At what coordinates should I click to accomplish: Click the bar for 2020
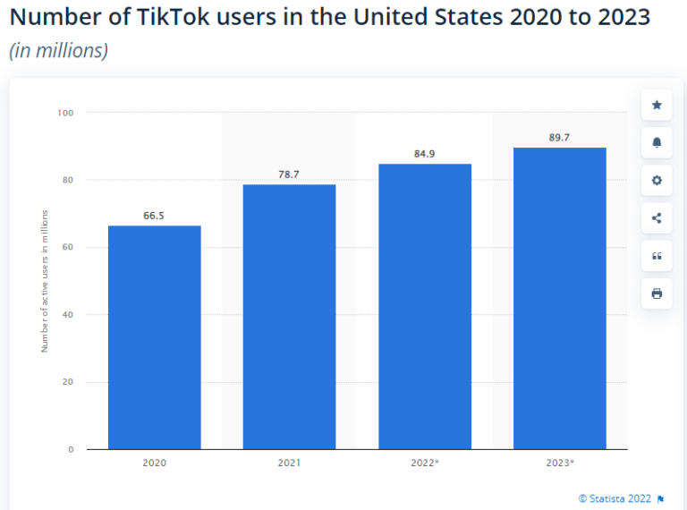155,337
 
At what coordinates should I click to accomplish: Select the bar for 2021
289,317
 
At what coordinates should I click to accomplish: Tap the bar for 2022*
425,306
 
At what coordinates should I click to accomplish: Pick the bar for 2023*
560,298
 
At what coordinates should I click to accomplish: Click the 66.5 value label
155,216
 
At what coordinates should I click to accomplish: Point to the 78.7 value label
289,174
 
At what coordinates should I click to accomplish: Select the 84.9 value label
425,154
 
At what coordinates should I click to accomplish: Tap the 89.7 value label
560,137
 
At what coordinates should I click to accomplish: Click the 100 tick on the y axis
66,113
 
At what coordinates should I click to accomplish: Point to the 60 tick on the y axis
68,247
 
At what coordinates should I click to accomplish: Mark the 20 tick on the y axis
68,382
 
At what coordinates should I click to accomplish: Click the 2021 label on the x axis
289,463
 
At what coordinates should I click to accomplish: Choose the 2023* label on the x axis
560,463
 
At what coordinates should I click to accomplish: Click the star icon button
657,106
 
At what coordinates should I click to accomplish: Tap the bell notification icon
657,143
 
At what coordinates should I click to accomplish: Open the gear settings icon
657,181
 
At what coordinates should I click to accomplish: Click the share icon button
657,218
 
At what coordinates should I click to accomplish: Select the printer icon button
657,293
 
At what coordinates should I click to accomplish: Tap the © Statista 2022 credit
615,498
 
